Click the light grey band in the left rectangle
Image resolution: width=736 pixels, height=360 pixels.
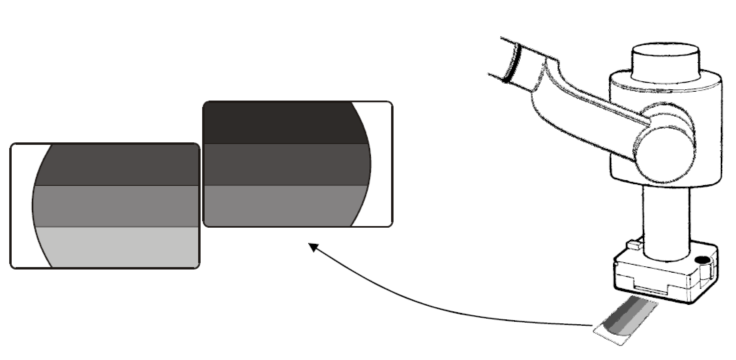121,247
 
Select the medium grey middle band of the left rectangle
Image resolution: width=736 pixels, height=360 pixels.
117,206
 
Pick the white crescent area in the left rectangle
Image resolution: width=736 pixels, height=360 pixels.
22,205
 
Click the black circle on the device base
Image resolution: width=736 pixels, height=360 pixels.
702,260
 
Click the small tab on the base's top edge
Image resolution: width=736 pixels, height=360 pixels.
633,245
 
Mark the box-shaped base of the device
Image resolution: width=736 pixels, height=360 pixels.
663,278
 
